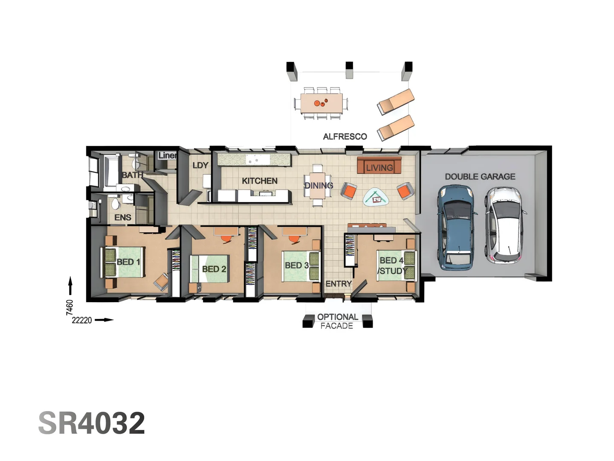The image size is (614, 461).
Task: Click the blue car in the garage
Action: pyautogui.click(x=456, y=228)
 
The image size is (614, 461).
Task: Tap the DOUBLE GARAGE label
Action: pyautogui.click(x=480, y=177)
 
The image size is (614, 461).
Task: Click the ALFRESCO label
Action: pyautogui.click(x=345, y=137)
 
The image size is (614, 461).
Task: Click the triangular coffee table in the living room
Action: pyautogui.click(x=376, y=198)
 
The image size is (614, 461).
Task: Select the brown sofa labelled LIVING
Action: pyautogui.click(x=379, y=165)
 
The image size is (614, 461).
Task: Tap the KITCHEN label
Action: pyautogui.click(x=259, y=181)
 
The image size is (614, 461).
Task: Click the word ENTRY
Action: pyautogui.click(x=339, y=284)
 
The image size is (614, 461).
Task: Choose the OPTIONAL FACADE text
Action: pyautogui.click(x=337, y=321)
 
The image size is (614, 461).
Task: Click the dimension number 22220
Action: pyautogui.click(x=81, y=320)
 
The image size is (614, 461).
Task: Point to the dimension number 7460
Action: pyautogui.click(x=70, y=307)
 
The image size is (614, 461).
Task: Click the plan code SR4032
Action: pyautogui.click(x=92, y=423)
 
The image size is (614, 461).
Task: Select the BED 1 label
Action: pyautogui.click(x=128, y=262)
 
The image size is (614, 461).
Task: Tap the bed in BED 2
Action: pyautogui.click(x=210, y=269)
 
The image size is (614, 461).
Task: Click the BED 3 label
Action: pyautogui.click(x=296, y=266)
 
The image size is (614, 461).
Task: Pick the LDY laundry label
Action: pyautogui.click(x=200, y=165)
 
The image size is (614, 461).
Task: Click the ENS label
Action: pyautogui.click(x=123, y=218)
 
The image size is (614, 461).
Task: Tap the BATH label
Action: pyautogui.click(x=132, y=175)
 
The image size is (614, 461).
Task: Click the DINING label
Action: pyautogui.click(x=319, y=185)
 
